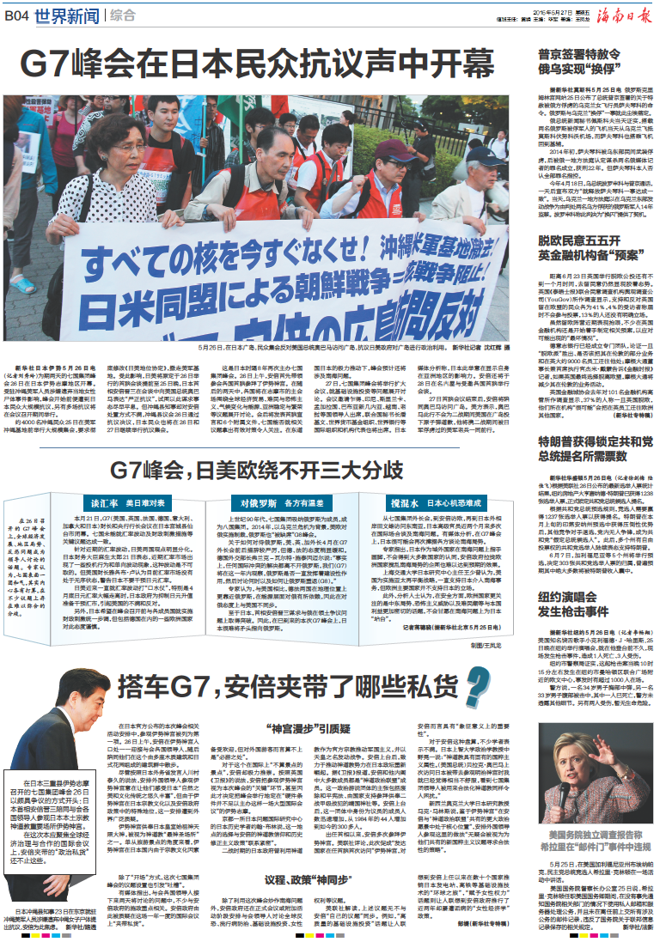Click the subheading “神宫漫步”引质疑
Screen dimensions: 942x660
tap(298, 727)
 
